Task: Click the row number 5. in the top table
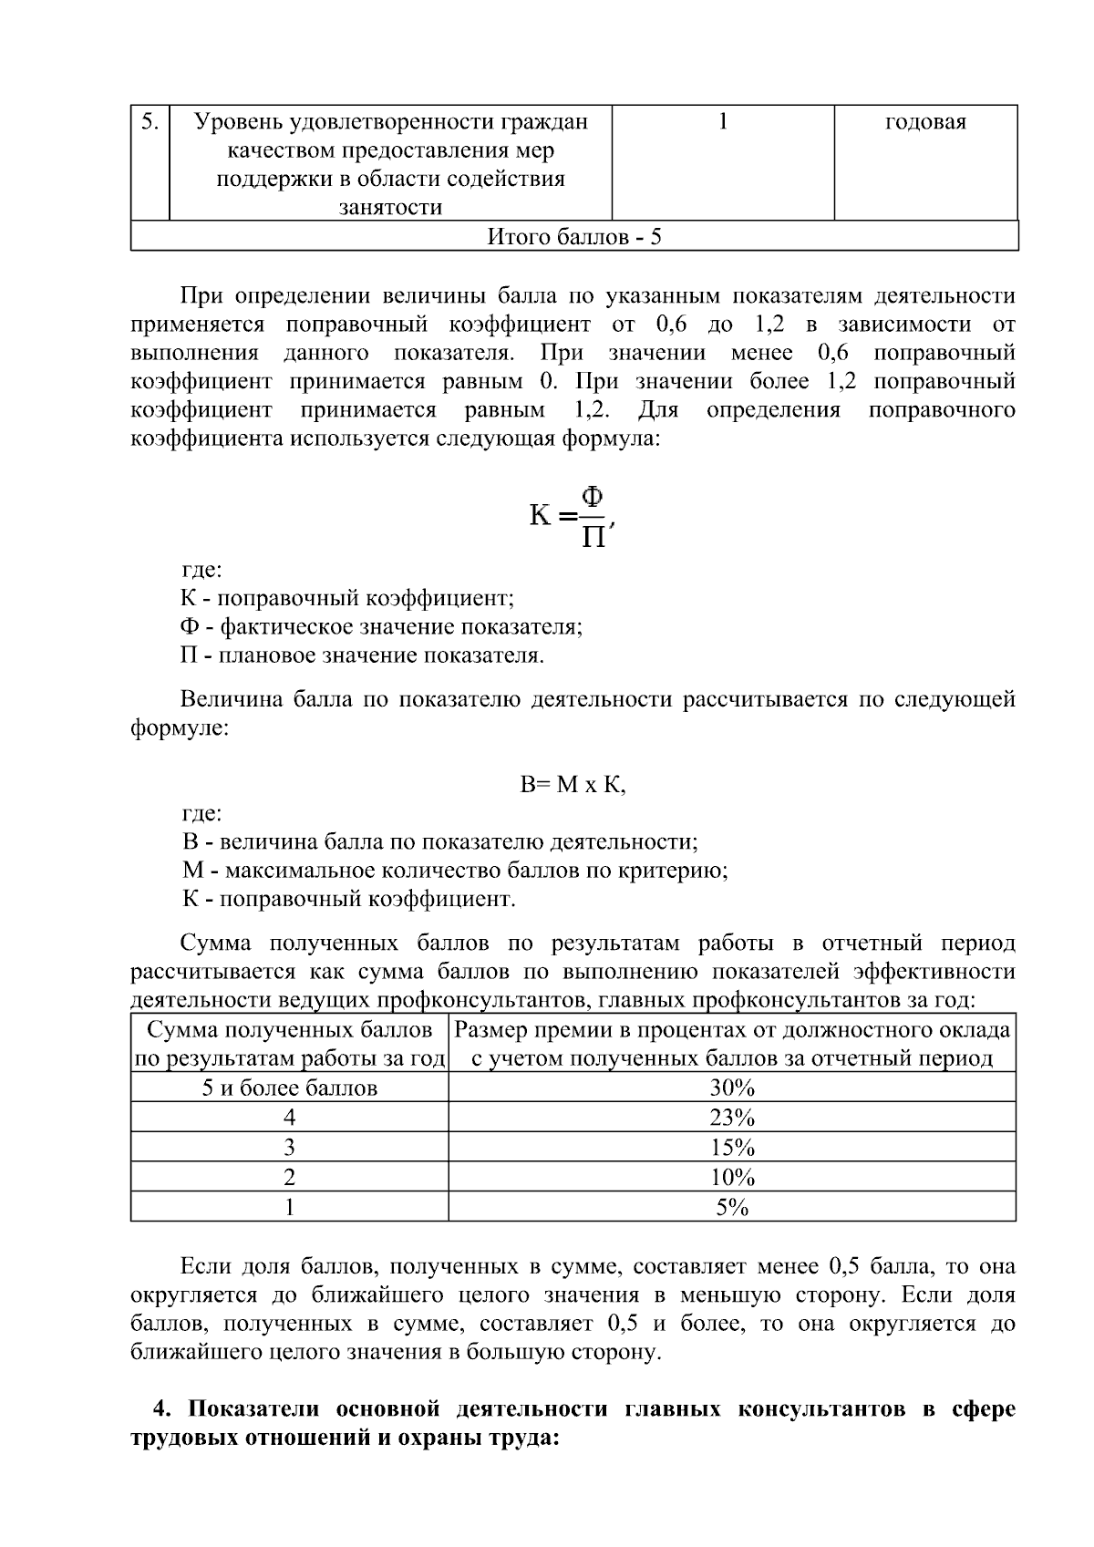[x=150, y=122]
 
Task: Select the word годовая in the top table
[x=925, y=122]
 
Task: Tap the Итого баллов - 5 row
[x=574, y=237]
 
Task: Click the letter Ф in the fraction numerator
[x=593, y=498]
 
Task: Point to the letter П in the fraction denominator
[x=593, y=536]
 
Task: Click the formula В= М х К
[x=573, y=785]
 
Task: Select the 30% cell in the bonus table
[x=732, y=1088]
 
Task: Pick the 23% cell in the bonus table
[x=732, y=1118]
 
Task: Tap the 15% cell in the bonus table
[x=732, y=1147]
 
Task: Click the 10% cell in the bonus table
[x=732, y=1177]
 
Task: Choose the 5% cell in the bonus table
[x=732, y=1207]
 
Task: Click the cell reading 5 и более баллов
[x=289, y=1088]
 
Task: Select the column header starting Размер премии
[x=732, y=1044]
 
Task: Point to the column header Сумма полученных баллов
[x=289, y=1044]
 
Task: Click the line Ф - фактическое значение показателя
[x=381, y=627]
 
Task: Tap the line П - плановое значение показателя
[x=362, y=655]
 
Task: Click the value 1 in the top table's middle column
[x=723, y=122]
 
